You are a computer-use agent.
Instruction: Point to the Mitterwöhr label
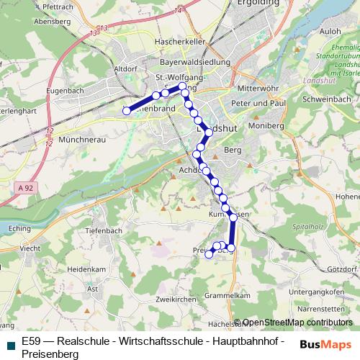click(258, 88)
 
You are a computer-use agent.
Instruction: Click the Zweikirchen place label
click(175, 298)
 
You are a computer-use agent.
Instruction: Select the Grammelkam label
click(227, 295)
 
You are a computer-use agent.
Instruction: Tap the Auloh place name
click(330, 32)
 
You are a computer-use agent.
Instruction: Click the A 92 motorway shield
click(24, 187)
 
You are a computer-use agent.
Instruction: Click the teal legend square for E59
click(9, 343)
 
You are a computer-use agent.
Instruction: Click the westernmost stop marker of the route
click(127, 111)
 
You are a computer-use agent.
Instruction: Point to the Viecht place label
click(30, 248)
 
